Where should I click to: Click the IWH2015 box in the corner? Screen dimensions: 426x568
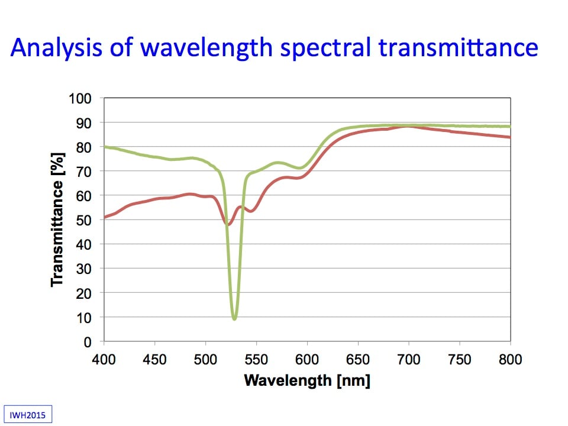28,414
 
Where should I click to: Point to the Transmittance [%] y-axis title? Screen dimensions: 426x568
57,219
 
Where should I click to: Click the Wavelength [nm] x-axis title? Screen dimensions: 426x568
307,380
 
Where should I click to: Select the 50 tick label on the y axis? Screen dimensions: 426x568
86,220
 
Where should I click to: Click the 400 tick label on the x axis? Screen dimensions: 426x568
104,360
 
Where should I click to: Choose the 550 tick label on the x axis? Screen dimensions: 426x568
256,360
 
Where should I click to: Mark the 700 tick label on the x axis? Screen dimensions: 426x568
409,360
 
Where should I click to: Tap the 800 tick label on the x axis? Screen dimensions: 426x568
510,360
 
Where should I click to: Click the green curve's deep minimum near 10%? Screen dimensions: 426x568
235,318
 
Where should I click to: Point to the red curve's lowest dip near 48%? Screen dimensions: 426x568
228,224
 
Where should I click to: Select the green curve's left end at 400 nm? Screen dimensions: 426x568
105,147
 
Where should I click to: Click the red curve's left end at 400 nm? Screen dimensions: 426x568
105,217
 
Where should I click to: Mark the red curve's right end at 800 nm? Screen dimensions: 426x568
509,137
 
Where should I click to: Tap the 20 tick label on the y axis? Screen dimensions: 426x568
86,293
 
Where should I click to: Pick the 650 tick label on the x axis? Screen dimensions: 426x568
358,360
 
